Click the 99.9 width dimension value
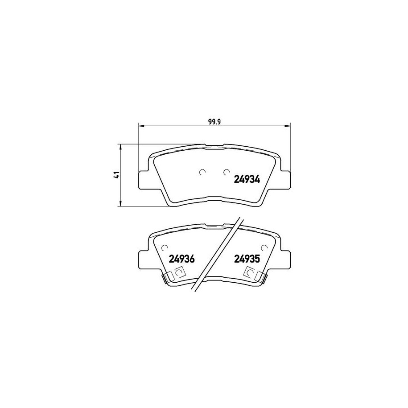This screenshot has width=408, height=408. click(x=214, y=122)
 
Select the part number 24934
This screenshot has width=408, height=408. click(x=247, y=179)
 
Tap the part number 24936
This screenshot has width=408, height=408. click(x=182, y=259)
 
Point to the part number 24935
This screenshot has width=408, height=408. click(x=247, y=259)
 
